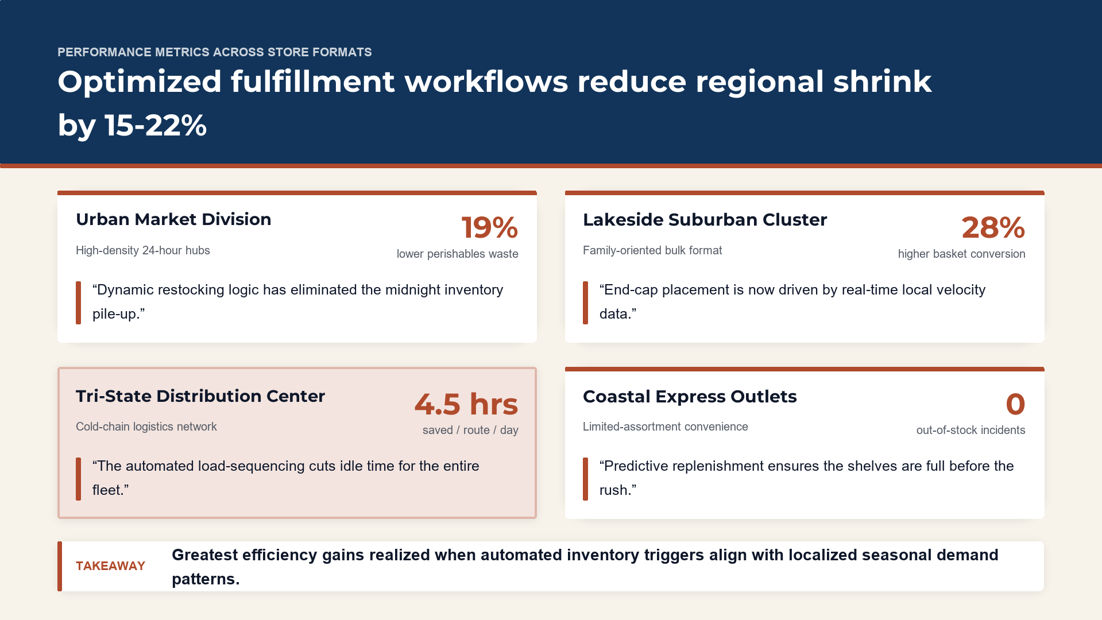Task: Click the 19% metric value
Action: click(x=490, y=227)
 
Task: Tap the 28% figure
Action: click(x=993, y=227)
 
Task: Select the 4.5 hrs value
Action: click(x=466, y=404)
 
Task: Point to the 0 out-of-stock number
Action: click(x=1015, y=404)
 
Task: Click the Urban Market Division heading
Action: click(x=173, y=219)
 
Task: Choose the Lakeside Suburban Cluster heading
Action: click(x=705, y=220)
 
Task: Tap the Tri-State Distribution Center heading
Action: click(x=200, y=396)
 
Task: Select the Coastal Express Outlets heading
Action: click(x=690, y=397)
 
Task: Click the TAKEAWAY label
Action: click(x=110, y=566)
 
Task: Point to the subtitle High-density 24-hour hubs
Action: click(x=143, y=250)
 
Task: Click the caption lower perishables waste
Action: click(x=458, y=254)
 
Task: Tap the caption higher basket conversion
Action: click(x=962, y=254)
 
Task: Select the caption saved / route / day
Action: click(x=470, y=430)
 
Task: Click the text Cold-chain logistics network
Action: click(x=146, y=427)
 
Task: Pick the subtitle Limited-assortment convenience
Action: click(x=666, y=427)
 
